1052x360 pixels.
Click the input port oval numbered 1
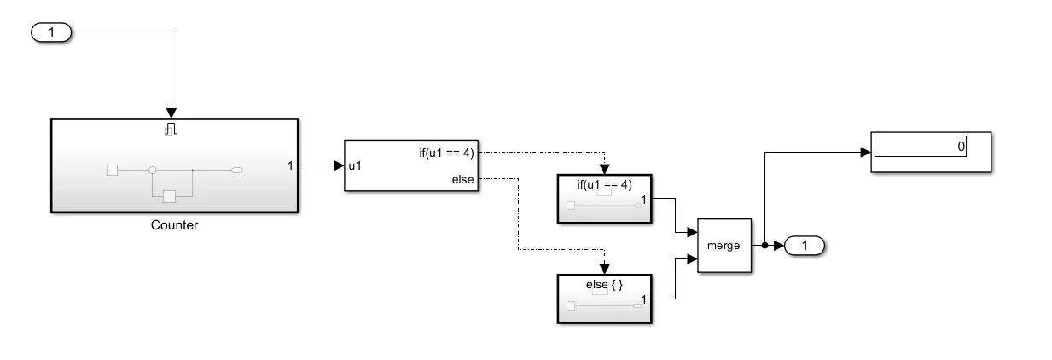pos(51,32)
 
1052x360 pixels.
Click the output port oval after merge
pos(805,246)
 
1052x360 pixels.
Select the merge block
pos(724,246)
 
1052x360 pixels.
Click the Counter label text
pos(174,225)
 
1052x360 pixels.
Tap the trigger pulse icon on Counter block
pos(171,129)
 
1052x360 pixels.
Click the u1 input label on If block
pos(355,165)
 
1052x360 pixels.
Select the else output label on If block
pos(462,179)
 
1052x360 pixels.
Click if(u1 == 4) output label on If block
pos(446,153)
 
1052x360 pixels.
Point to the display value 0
pos(961,147)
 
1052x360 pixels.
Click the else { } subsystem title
pos(604,284)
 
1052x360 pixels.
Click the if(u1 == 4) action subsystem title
pos(604,184)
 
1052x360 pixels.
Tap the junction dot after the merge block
pos(764,246)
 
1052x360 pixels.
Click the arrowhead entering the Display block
pos(865,152)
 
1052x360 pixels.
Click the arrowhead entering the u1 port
pos(339,165)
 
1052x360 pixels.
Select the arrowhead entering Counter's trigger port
pos(171,113)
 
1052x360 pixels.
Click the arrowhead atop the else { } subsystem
pos(604,269)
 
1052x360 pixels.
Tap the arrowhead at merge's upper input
pos(692,232)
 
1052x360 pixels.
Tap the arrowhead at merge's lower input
pos(692,258)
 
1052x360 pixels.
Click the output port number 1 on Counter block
pos(290,165)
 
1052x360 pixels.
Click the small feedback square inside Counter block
pos(169,197)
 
